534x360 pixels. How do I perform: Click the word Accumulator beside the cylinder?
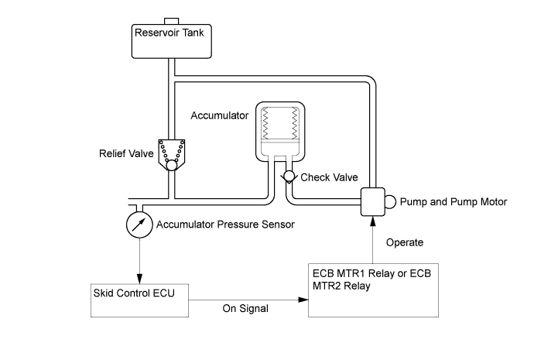[x=219, y=115]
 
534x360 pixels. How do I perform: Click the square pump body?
[x=373, y=202]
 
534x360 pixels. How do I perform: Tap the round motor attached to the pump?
[x=391, y=202]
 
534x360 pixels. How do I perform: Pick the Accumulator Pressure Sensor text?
[x=225, y=225]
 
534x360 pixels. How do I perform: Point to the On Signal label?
[x=246, y=309]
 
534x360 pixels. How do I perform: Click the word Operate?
[x=405, y=242]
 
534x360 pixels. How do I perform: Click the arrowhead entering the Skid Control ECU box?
[x=139, y=279]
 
